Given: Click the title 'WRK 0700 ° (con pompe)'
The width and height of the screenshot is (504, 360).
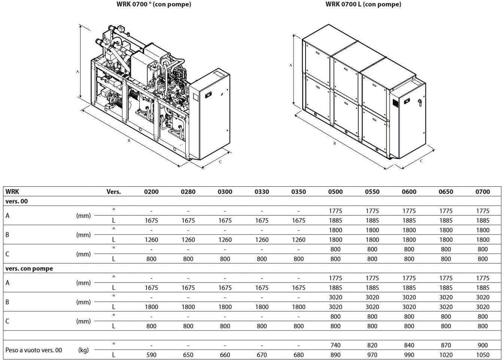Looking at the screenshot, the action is pyautogui.click(x=154, y=4).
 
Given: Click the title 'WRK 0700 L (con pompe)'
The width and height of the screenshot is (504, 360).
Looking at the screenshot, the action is pyautogui.click(x=363, y=4).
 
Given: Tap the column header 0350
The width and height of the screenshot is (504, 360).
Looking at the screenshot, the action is pyautogui.click(x=298, y=192).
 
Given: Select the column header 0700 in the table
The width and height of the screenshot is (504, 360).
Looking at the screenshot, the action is pyautogui.click(x=483, y=192).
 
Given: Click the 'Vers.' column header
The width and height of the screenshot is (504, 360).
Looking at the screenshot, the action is pyautogui.click(x=113, y=192).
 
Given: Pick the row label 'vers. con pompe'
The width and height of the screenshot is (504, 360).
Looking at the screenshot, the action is pyautogui.click(x=29, y=268).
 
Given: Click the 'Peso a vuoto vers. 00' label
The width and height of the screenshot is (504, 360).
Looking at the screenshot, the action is pyautogui.click(x=34, y=350).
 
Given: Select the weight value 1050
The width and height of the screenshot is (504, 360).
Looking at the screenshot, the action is pyautogui.click(x=483, y=355).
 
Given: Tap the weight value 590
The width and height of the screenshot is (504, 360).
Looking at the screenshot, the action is pyautogui.click(x=151, y=355).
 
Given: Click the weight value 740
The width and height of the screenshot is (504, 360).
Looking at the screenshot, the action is pyautogui.click(x=335, y=345).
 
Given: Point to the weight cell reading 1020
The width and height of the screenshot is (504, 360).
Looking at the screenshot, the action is pyautogui.click(x=446, y=355).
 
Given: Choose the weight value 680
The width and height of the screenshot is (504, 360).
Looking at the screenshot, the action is pyautogui.click(x=298, y=355).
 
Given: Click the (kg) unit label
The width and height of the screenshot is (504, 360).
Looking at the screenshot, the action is pyautogui.click(x=84, y=350).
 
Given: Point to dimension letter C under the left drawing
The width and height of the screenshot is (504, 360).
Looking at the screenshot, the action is pyautogui.click(x=220, y=162).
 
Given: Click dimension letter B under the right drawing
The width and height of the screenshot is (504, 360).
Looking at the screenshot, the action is pyautogui.click(x=335, y=143).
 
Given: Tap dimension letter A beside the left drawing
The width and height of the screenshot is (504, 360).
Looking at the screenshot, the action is pyautogui.click(x=78, y=72).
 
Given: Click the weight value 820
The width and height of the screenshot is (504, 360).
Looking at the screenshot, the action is pyautogui.click(x=372, y=345).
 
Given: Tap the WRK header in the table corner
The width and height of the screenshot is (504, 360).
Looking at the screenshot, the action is pyautogui.click(x=12, y=192).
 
